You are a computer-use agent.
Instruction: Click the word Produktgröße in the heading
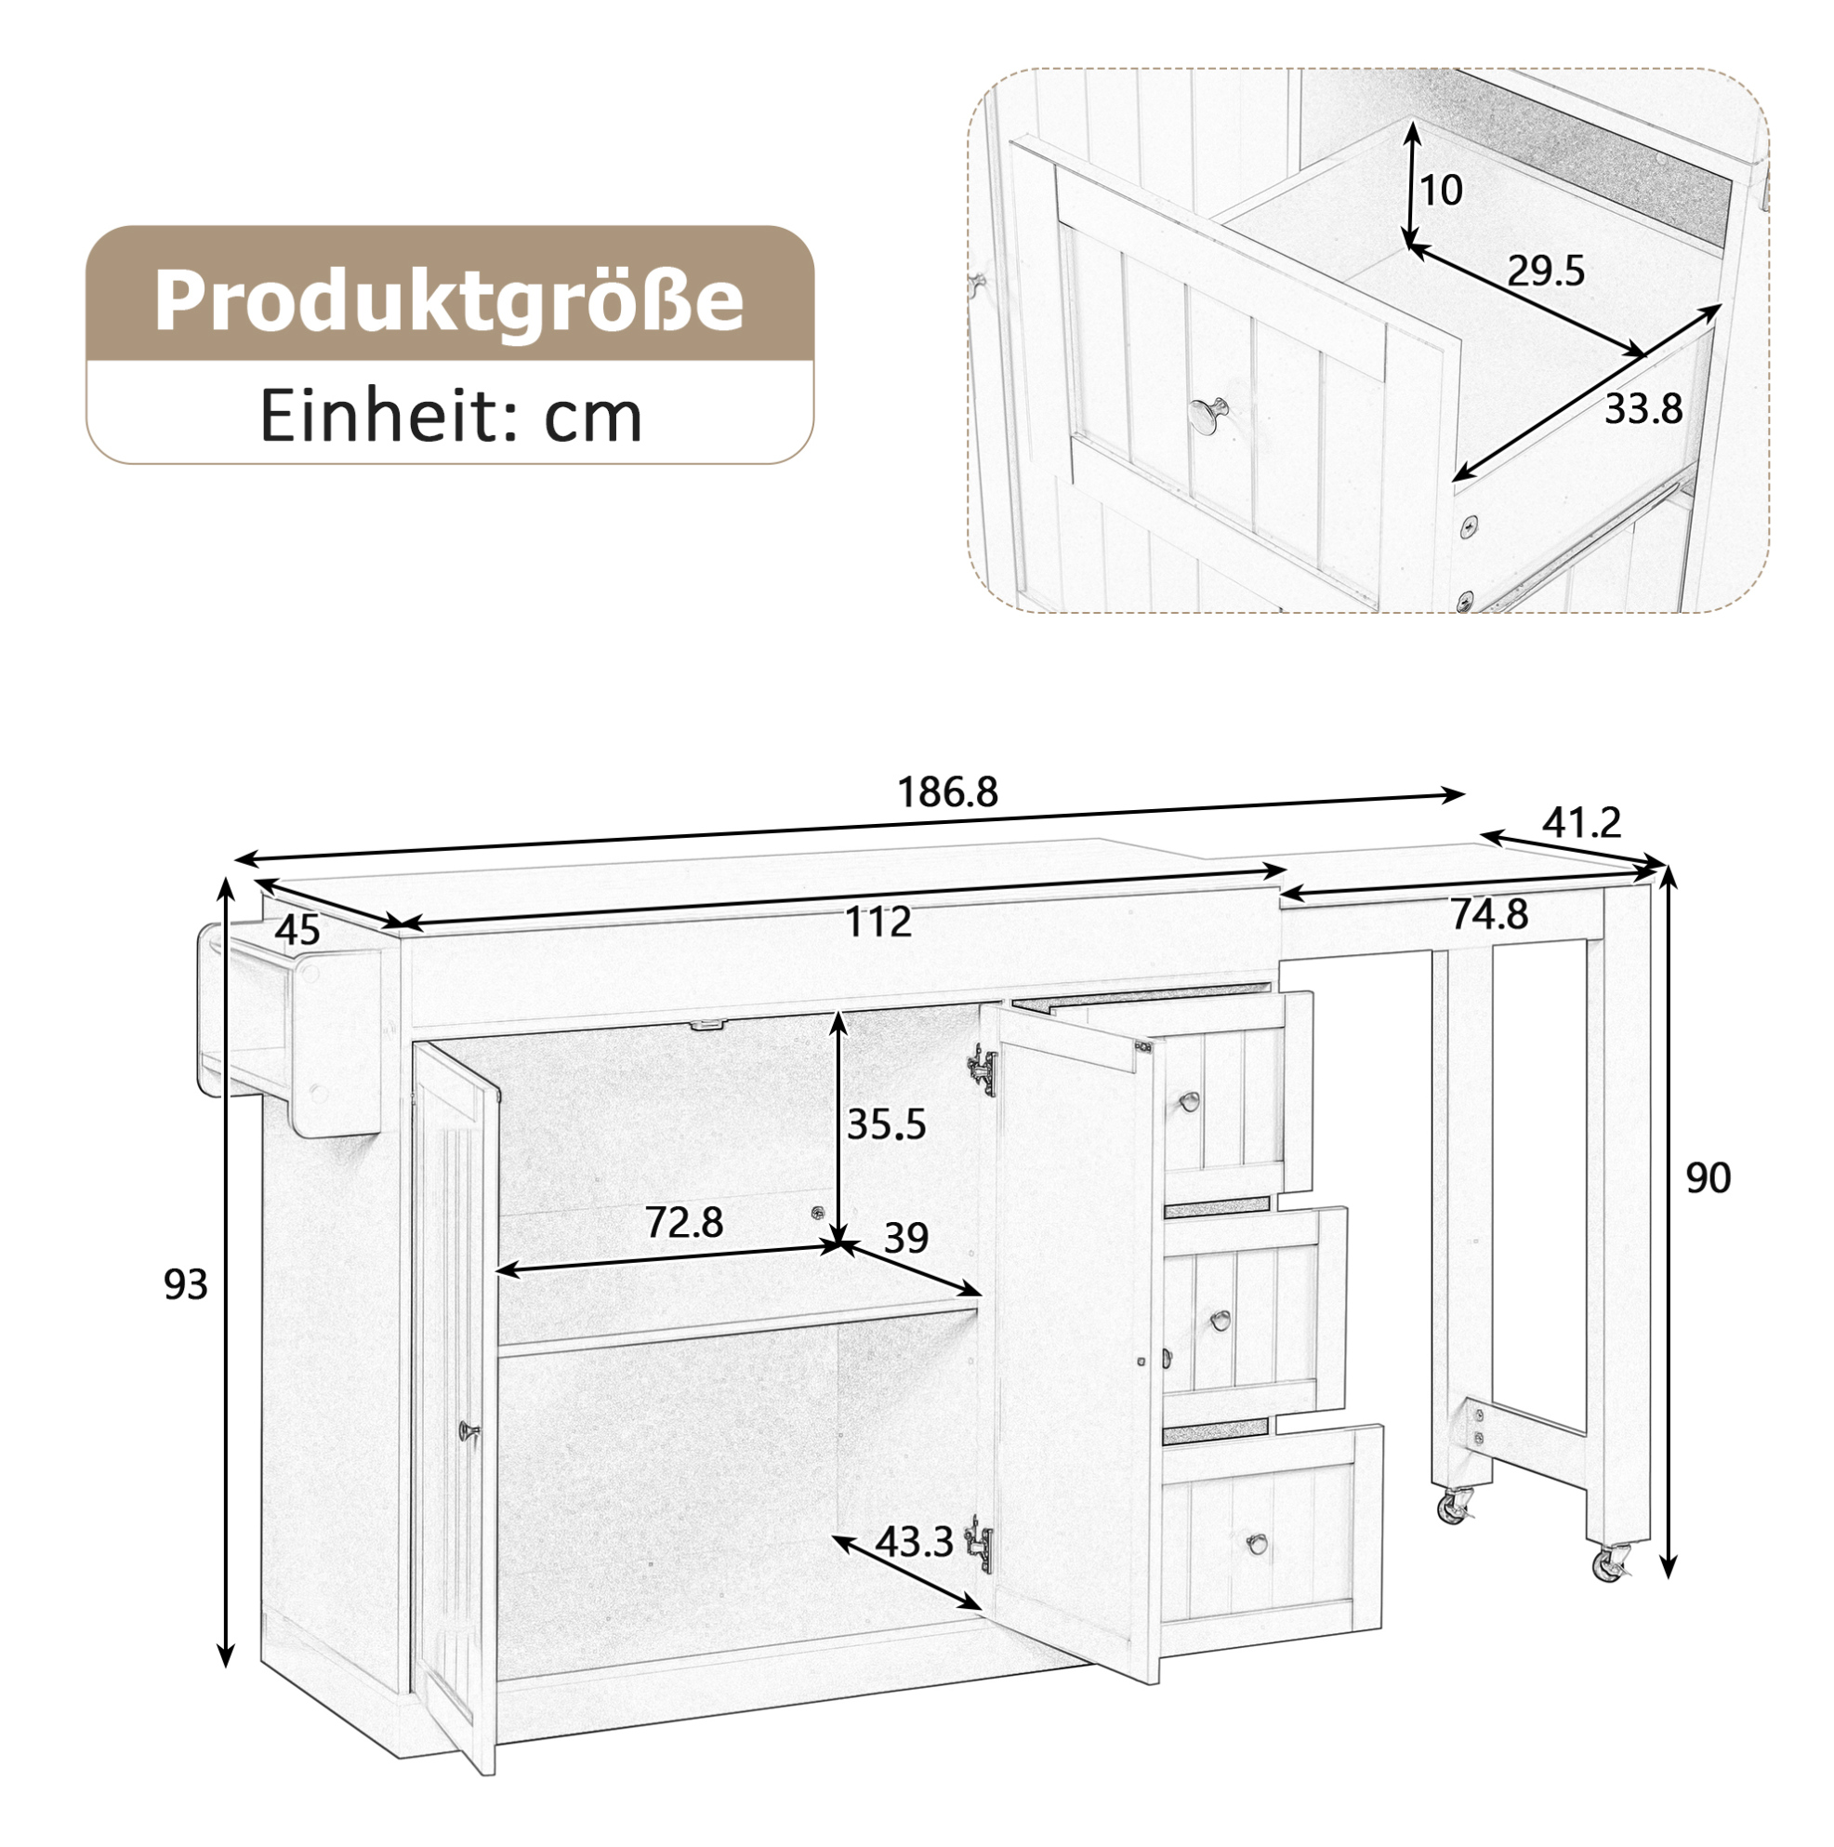448,300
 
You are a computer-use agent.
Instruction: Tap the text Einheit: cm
450,417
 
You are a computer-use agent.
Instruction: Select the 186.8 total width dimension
947,791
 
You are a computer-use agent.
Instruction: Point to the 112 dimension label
878,922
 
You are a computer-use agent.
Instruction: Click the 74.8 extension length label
1490,915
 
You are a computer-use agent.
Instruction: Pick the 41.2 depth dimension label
1582,822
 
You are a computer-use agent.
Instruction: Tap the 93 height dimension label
185,1285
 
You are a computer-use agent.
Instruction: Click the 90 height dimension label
1708,1178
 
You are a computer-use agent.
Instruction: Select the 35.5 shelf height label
886,1125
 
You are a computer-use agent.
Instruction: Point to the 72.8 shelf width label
684,1222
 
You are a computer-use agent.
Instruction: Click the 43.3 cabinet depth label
914,1541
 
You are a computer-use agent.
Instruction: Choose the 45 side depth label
297,930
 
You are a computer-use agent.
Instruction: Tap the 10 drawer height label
1441,191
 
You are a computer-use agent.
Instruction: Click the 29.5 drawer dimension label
1546,272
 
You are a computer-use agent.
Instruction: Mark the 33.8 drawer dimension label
1643,409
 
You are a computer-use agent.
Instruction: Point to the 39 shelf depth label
905,1238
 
